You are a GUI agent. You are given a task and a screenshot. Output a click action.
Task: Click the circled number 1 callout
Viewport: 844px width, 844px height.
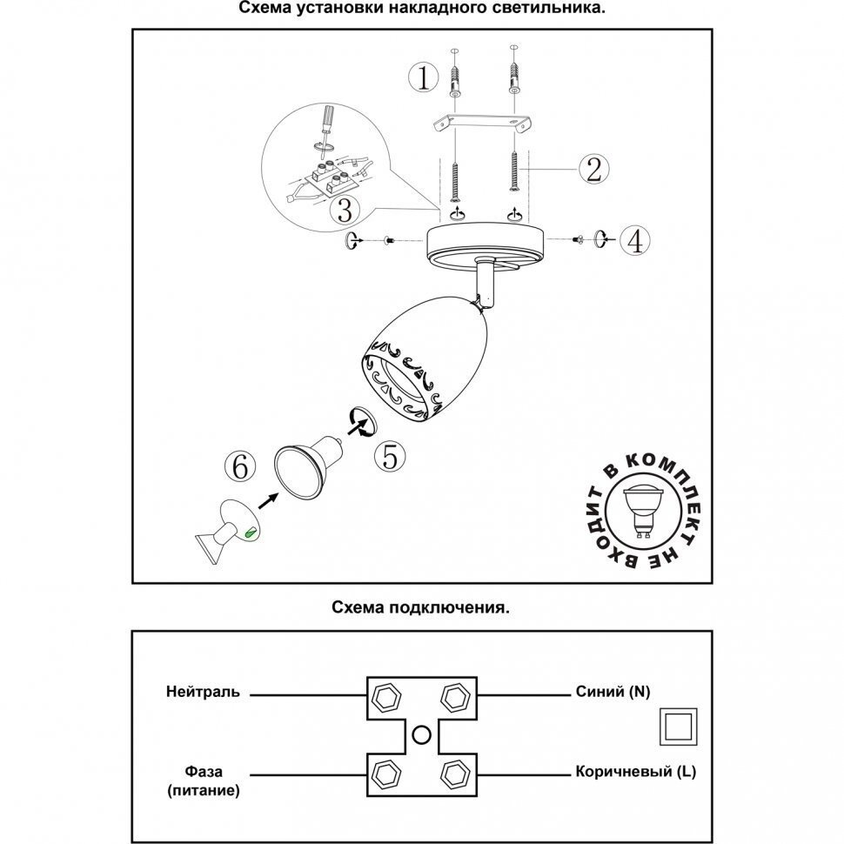[x=424, y=78]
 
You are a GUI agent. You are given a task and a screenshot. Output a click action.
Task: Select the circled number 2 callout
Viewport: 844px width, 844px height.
[x=592, y=168]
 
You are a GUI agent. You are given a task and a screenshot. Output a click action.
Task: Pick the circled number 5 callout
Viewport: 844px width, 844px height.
[x=392, y=455]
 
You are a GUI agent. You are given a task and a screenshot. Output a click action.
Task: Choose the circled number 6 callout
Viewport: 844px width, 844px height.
[x=240, y=467]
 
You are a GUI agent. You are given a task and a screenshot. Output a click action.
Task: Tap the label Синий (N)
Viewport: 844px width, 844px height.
[x=613, y=693]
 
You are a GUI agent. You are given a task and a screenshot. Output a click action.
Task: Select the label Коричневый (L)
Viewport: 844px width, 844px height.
[x=635, y=772]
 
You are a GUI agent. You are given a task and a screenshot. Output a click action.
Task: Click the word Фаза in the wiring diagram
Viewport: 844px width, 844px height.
[x=204, y=772]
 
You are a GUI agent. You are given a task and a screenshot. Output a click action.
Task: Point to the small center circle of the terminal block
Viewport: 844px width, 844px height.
[x=421, y=734]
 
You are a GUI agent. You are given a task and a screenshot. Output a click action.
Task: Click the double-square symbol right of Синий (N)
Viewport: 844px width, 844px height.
[x=677, y=725]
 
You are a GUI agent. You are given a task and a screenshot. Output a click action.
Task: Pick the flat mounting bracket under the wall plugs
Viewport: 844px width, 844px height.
[x=484, y=123]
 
